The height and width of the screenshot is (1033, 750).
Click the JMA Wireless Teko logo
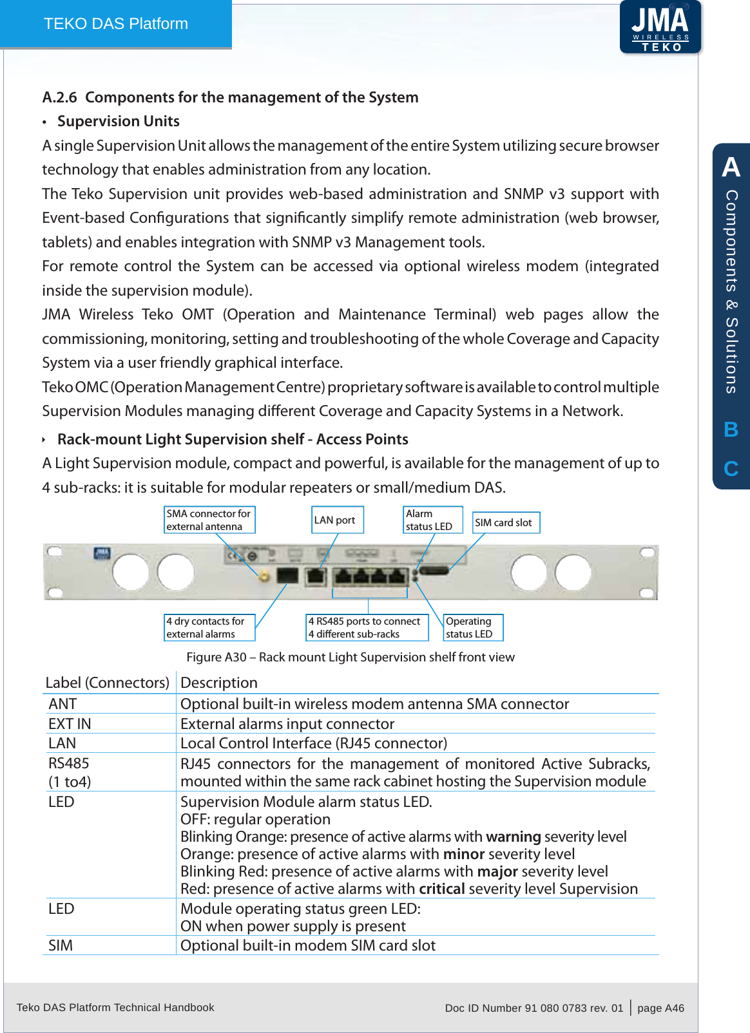point(660,28)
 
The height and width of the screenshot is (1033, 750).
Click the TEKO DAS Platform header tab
point(116,24)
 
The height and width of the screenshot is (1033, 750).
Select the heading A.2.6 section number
point(59,97)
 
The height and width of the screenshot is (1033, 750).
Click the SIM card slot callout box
point(506,523)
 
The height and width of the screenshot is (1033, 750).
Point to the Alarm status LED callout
point(432,520)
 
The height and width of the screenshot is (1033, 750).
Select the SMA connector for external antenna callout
point(209,520)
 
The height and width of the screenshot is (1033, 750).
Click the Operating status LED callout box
point(473,628)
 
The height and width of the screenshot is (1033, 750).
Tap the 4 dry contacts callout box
point(209,628)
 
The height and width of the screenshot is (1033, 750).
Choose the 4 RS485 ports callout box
point(367,628)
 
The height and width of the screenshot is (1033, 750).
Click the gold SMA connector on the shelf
point(264,576)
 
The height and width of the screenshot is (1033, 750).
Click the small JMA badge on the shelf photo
point(102,553)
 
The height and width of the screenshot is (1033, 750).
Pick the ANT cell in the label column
point(63,704)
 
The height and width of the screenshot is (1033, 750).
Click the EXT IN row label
point(70,724)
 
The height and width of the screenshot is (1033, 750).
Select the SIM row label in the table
point(61,945)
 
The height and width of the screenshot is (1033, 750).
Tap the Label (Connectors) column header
point(107,683)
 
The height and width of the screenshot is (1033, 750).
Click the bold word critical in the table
point(441,889)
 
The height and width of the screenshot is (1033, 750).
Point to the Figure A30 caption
point(350,657)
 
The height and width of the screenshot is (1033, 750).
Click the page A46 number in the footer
point(660,1008)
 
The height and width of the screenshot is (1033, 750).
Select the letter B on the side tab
point(731,430)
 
